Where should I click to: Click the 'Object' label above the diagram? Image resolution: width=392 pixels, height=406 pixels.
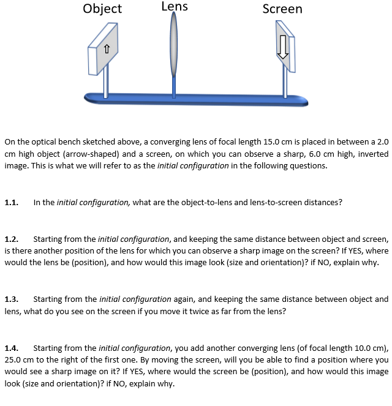102,9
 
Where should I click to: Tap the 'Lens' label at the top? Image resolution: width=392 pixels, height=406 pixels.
175,7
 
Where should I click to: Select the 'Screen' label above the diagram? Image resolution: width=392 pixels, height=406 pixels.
282,9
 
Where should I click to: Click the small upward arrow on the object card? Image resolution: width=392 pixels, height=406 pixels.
107,49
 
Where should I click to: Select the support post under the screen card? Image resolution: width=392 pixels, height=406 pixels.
284,80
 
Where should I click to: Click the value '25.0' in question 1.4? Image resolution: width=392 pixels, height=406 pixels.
15,360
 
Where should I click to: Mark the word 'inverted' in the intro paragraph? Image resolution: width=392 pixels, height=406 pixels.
372,154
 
